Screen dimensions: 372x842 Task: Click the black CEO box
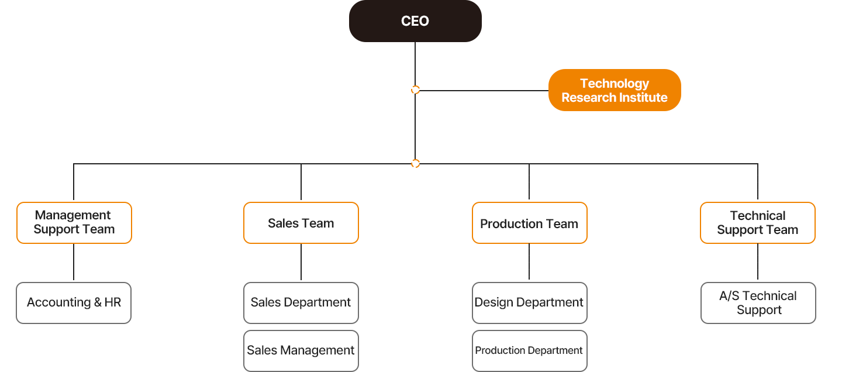pyautogui.click(x=415, y=22)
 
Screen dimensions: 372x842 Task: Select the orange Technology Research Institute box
pyautogui.click(x=615, y=90)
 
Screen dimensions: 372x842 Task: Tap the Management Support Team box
pyautogui.click(x=74, y=223)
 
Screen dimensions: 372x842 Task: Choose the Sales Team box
pyautogui.click(x=301, y=223)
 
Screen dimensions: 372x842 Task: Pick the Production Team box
pyautogui.click(x=529, y=223)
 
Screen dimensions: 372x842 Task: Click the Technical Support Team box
pyautogui.click(x=757, y=223)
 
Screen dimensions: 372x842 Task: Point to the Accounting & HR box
pyautogui.click(x=74, y=303)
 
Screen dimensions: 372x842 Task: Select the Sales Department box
pyautogui.click(x=301, y=303)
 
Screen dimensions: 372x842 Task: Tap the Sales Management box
pyautogui.click(x=301, y=351)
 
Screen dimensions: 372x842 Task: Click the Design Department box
pyautogui.click(x=529, y=303)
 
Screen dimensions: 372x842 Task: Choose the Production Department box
pyautogui.click(x=529, y=351)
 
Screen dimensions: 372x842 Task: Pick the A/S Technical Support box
pyautogui.click(x=758, y=303)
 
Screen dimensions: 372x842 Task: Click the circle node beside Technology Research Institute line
pyautogui.click(x=415, y=90)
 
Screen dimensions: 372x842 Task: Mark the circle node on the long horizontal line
pyautogui.click(x=415, y=163)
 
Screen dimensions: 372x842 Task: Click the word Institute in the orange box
pyautogui.click(x=643, y=98)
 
